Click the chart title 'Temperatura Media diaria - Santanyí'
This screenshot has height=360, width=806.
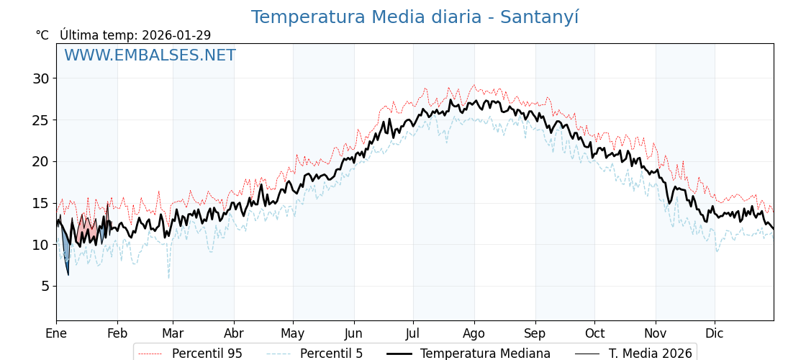(x=415, y=17)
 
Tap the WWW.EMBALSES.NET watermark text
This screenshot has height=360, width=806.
(x=150, y=55)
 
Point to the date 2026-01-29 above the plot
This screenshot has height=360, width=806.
(x=176, y=35)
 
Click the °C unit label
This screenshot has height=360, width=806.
(x=42, y=35)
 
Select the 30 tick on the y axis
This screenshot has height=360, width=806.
(x=40, y=78)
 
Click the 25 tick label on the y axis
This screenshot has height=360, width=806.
(x=40, y=120)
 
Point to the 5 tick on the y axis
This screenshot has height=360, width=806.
(x=45, y=286)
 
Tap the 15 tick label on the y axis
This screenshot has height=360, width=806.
(x=40, y=203)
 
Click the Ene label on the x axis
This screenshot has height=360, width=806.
(x=56, y=333)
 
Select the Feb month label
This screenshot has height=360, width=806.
(x=117, y=333)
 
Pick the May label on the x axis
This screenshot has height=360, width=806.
(x=293, y=333)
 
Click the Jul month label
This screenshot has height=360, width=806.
(x=413, y=333)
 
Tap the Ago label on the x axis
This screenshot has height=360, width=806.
(x=474, y=333)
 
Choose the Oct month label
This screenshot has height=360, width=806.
(x=594, y=333)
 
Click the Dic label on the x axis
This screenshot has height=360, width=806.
(x=715, y=333)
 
